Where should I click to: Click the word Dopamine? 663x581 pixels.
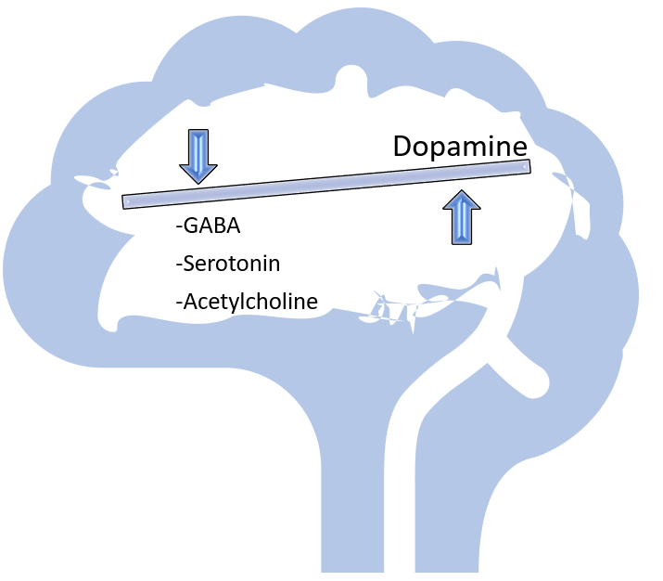459,147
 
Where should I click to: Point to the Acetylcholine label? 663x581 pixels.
246,302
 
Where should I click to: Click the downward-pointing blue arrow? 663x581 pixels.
198,156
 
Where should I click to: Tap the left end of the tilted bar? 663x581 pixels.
127,200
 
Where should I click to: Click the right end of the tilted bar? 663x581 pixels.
526,167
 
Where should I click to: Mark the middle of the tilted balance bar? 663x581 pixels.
326,184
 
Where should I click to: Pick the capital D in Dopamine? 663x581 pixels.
402,147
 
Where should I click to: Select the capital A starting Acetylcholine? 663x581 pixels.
188,302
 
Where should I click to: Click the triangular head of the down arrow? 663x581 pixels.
198,172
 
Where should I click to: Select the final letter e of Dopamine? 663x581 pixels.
519,148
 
